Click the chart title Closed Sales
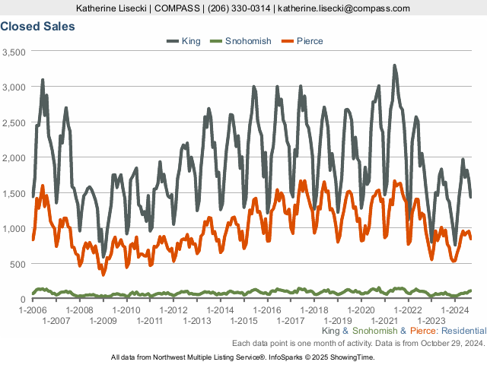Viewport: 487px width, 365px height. click(37, 27)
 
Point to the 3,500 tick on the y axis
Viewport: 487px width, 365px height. click(14, 52)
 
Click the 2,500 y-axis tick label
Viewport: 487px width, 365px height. click(14, 122)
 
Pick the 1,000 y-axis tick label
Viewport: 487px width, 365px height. click(14, 229)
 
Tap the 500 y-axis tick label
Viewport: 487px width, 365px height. click(18, 264)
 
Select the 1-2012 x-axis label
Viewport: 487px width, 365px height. click(173, 310)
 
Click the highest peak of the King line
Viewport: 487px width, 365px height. click(394, 66)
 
